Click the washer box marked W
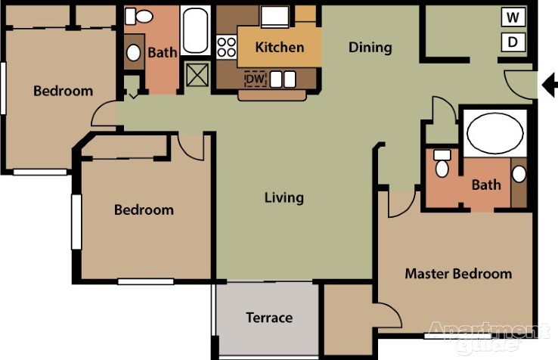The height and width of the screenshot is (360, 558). point(513,17)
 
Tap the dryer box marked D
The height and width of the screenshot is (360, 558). point(513,42)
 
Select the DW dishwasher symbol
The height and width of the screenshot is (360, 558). point(255,79)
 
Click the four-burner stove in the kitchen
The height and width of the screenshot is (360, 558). point(227,48)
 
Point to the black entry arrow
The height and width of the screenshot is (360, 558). point(550,85)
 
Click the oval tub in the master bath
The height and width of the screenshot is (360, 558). point(495,133)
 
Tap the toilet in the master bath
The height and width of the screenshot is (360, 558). point(442,163)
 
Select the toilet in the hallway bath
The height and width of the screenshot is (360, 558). point(139,16)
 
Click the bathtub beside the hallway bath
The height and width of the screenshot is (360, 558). point(195,30)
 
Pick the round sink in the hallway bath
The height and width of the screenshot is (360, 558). point(133,53)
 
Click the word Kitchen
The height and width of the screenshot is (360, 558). point(280,48)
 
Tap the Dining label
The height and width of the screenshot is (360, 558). point(370,48)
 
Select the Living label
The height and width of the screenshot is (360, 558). point(284,198)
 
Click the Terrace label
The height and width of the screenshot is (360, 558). point(269,318)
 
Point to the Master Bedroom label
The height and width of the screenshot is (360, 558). point(458,274)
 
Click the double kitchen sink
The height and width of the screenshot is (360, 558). point(283,79)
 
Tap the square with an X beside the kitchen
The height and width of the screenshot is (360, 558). point(197,75)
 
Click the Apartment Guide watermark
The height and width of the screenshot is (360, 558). point(489,336)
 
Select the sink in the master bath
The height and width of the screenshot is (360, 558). point(519,174)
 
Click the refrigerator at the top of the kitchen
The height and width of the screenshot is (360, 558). point(274,17)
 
